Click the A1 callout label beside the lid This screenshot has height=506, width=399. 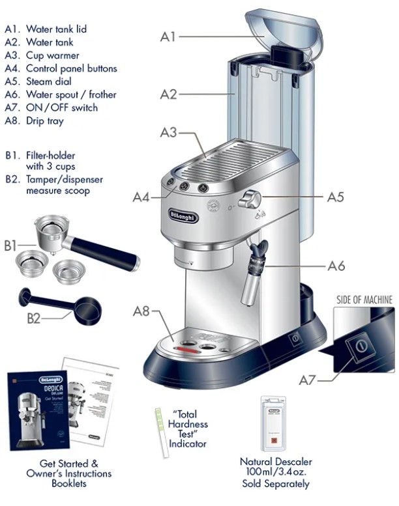pos(168,37)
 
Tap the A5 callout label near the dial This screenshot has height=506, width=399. pos(334,196)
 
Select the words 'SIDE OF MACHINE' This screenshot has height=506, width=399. pos(364,300)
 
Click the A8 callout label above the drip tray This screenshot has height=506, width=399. pos(143,311)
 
